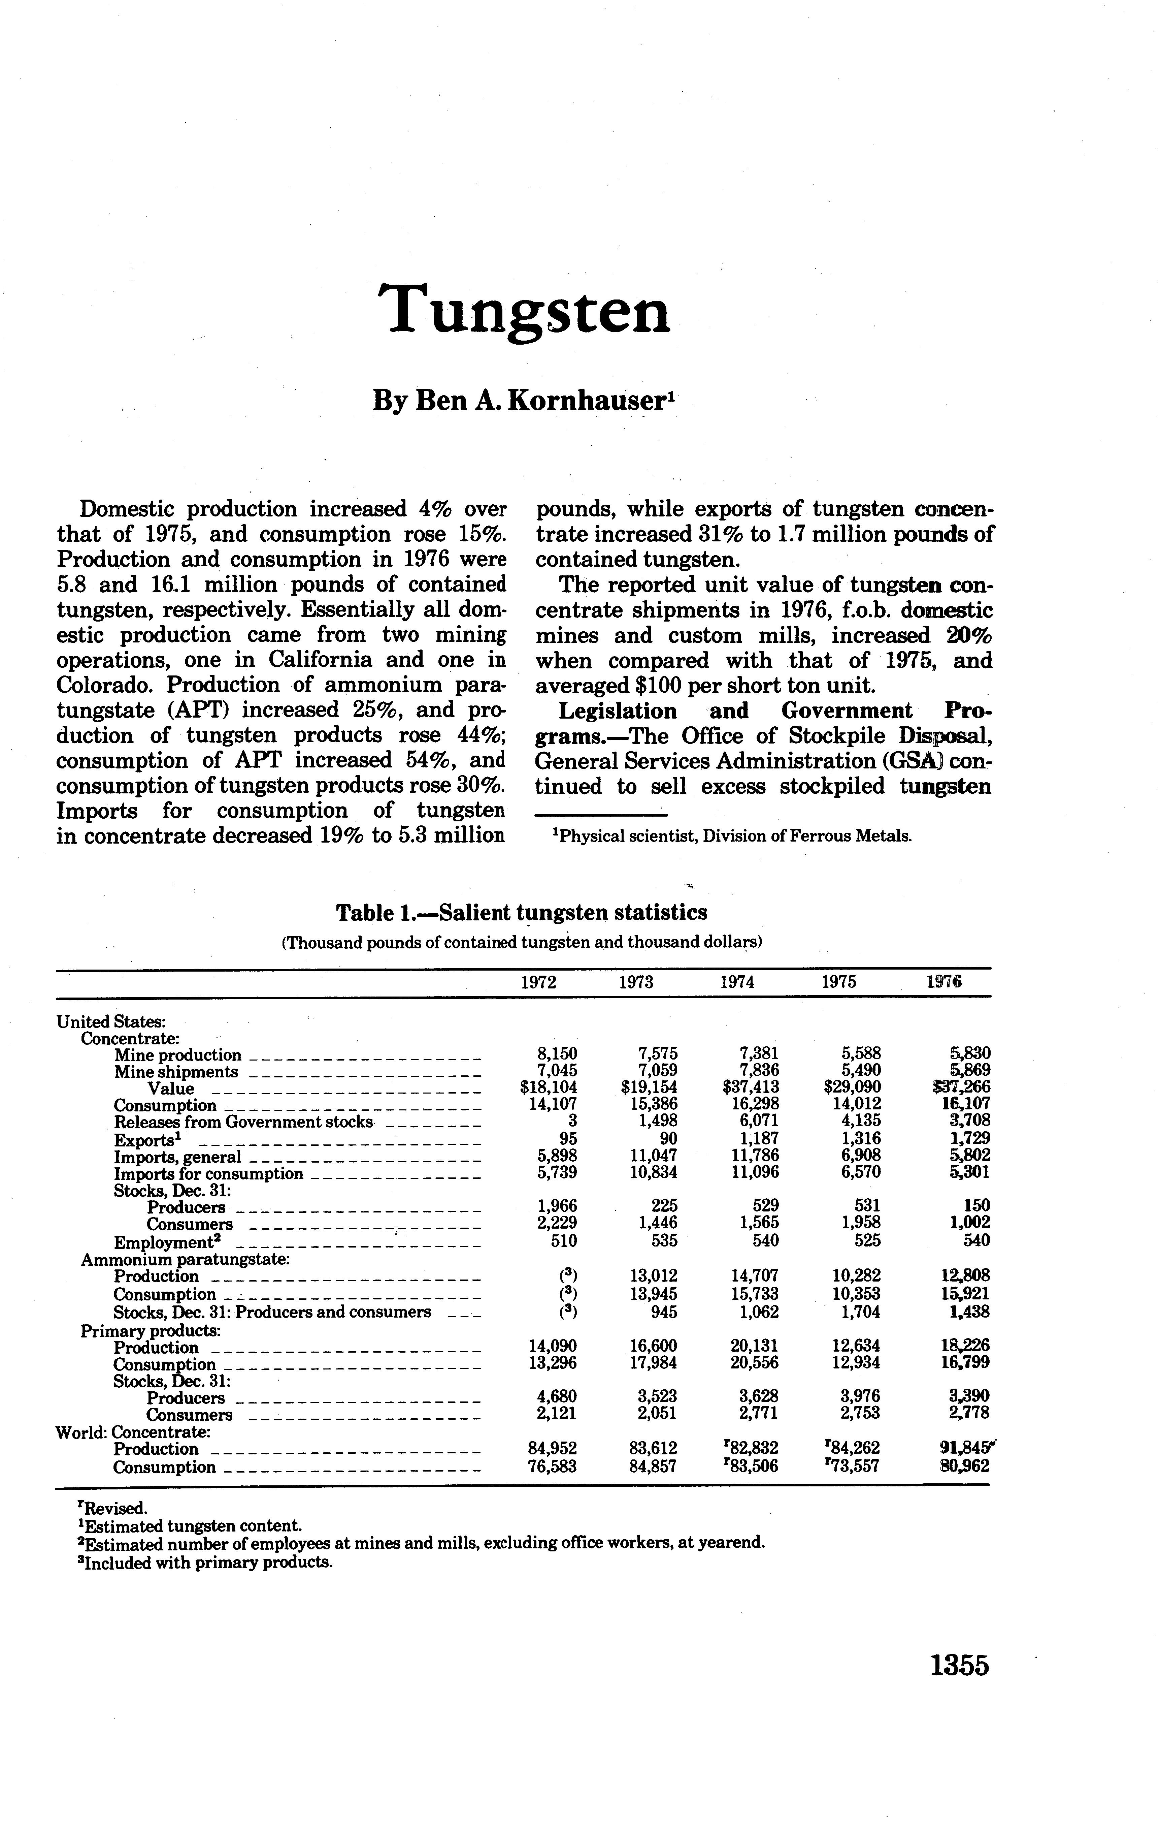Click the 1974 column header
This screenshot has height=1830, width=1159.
(x=737, y=982)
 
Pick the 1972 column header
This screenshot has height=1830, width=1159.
(x=538, y=982)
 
